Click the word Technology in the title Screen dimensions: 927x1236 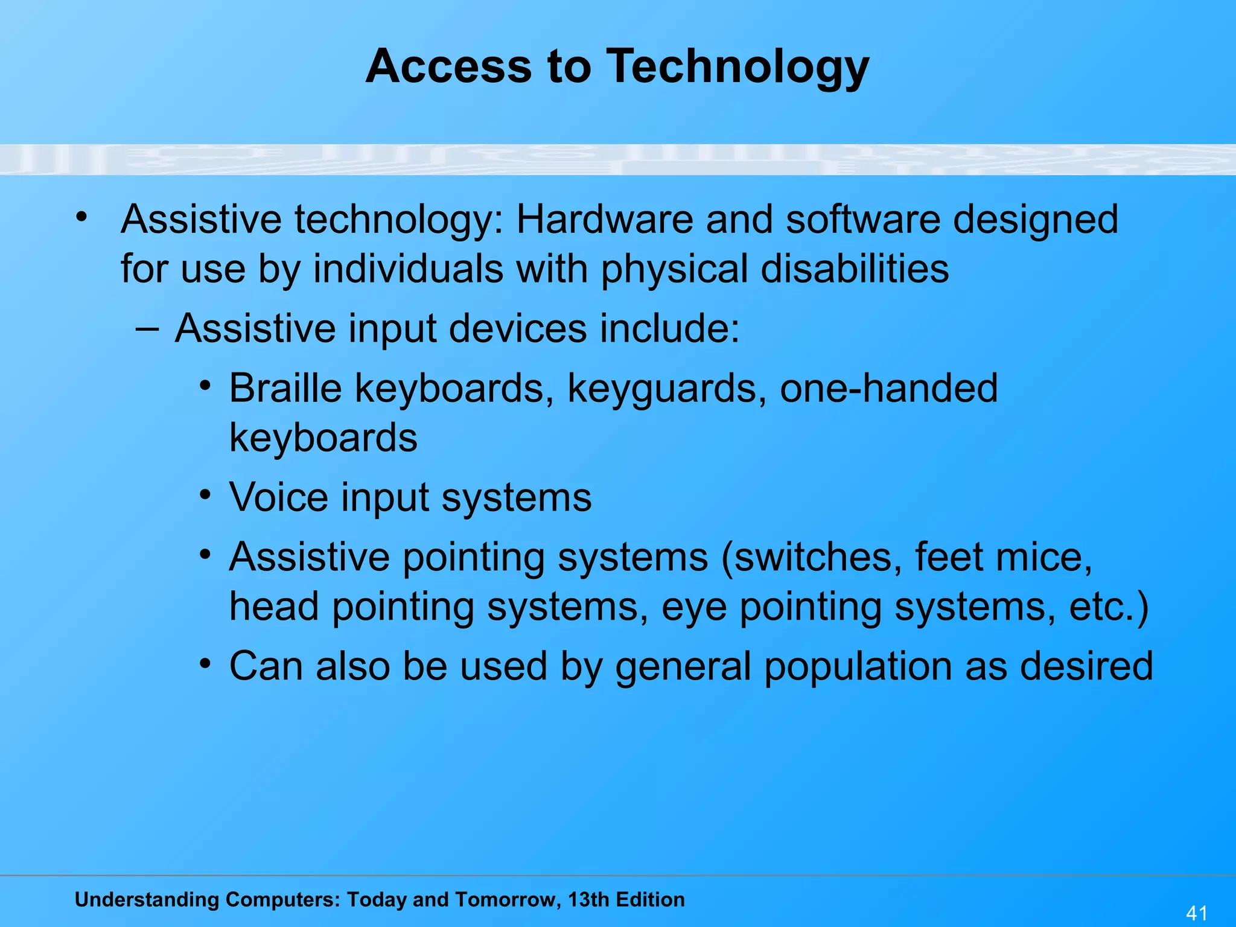(737, 66)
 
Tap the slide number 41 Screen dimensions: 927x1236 (1197, 913)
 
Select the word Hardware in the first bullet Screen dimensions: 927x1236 (604, 219)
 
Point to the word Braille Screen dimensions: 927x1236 (285, 388)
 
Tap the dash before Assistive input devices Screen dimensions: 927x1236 (147, 329)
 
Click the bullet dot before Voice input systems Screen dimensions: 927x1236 (206, 495)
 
